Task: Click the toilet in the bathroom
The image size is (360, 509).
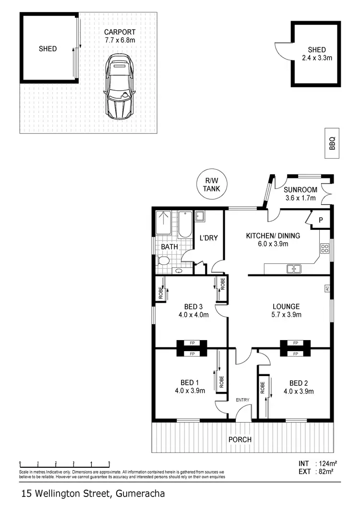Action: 163,260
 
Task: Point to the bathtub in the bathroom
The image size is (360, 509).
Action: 185,225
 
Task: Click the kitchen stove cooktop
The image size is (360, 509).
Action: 324,248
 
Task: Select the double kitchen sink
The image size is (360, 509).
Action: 294,269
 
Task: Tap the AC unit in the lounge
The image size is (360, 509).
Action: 327,288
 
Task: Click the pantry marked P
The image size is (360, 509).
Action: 321,220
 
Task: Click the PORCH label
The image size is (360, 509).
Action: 240,439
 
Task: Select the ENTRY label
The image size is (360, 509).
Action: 242,400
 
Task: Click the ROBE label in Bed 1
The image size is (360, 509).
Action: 221,381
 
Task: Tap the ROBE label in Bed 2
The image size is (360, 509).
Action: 263,387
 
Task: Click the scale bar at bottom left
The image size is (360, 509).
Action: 64,463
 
